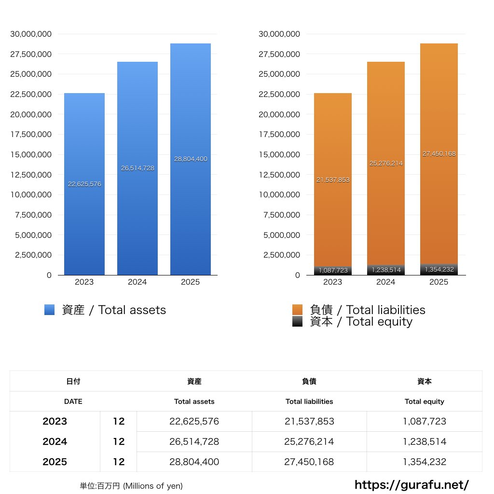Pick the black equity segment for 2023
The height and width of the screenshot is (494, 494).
click(332, 271)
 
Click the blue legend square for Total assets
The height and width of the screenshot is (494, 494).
click(50, 310)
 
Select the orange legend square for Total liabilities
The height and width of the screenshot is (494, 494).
click(298, 310)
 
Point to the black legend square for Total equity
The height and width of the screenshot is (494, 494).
click(298, 322)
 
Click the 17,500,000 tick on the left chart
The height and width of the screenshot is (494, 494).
click(31, 135)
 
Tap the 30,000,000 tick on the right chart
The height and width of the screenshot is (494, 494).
click(279, 34)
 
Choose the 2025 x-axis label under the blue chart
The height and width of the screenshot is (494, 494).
click(190, 282)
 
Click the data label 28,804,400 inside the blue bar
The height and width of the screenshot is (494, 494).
click(191, 159)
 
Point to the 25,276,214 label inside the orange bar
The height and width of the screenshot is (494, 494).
click(386, 164)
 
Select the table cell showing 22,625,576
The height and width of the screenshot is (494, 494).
click(194, 422)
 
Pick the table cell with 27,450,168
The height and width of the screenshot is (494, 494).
click(309, 462)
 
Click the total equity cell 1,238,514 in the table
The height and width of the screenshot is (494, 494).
click(425, 442)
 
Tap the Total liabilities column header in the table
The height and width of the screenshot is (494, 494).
click(309, 401)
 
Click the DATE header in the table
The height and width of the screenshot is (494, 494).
click(73, 401)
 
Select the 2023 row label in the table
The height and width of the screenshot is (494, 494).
click(55, 422)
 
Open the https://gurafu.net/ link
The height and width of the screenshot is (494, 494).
click(412, 484)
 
